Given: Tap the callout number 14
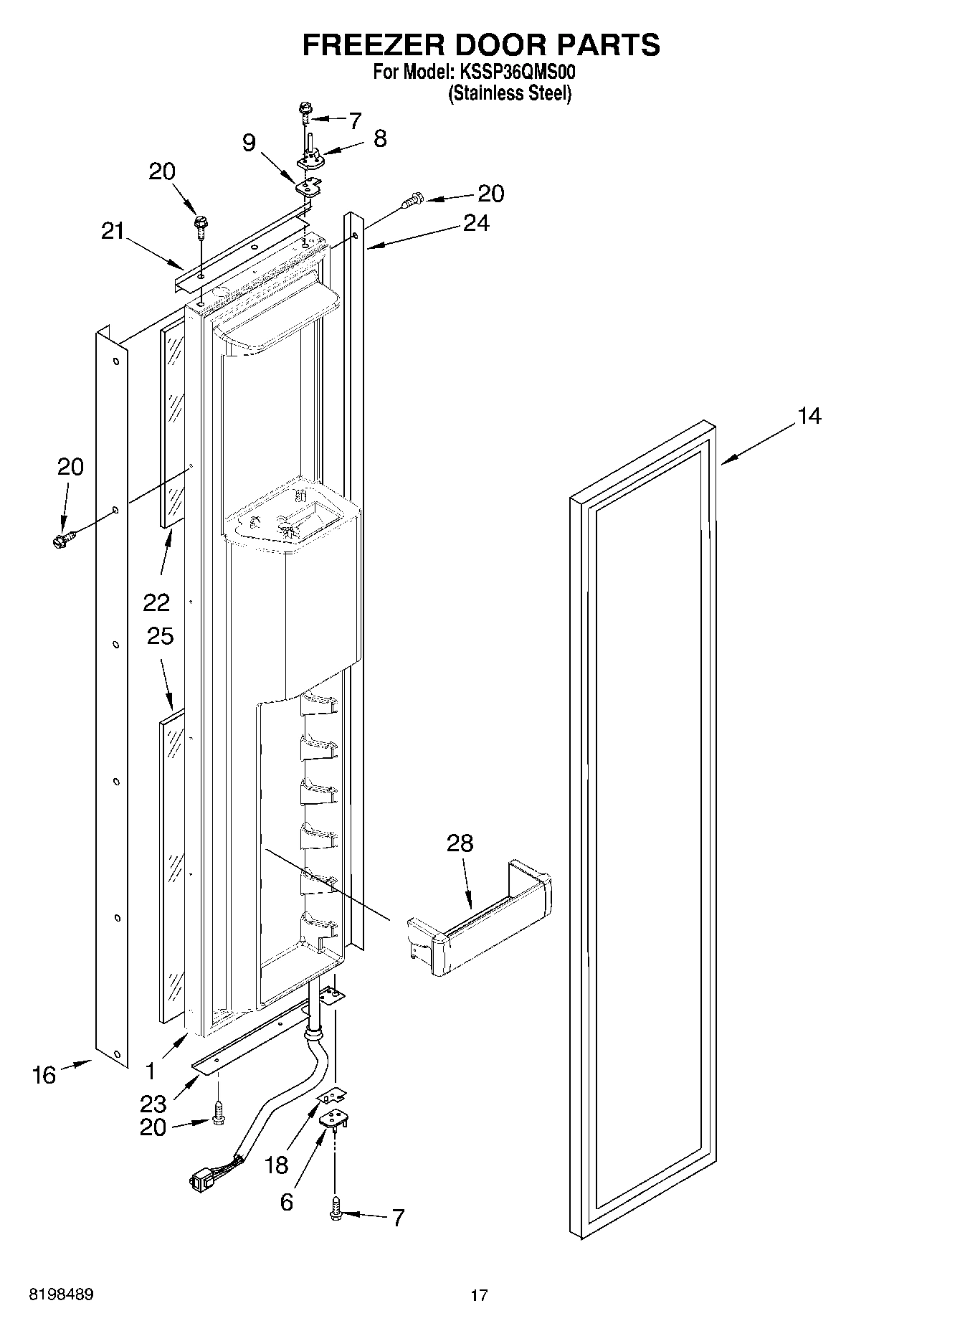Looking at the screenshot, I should coord(809,417).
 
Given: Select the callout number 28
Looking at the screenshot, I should coord(460,843).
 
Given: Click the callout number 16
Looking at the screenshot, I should coord(44,1075).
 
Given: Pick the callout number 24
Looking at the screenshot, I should coord(475,224).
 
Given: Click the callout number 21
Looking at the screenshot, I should coord(112,232).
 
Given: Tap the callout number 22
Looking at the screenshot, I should coord(156,602).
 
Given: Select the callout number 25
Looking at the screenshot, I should coord(160,636).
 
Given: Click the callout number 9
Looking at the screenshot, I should coord(248,143).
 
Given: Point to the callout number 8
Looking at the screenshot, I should coord(379,138).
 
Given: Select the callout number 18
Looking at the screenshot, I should coord(276,1165).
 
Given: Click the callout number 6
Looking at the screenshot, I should coord(286,1202).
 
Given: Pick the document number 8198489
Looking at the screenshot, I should coord(61,1295).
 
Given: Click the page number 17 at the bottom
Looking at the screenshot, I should coord(479,1295).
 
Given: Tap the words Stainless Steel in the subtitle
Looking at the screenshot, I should coord(509,93).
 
